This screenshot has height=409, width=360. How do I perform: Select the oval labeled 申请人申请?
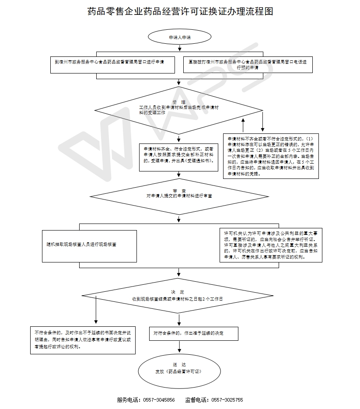click(x=179, y=38)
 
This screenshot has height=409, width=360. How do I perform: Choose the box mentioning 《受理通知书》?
click(x=178, y=157)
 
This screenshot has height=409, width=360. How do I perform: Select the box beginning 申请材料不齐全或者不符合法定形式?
click(x=270, y=156)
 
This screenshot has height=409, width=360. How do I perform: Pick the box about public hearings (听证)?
click(x=271, y=245)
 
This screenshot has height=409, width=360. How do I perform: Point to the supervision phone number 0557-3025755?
click(x=227, y=400)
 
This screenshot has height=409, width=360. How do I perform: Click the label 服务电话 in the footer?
click(x=128, y=400)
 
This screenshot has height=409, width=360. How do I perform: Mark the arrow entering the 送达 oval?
click(x=179, y=347)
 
